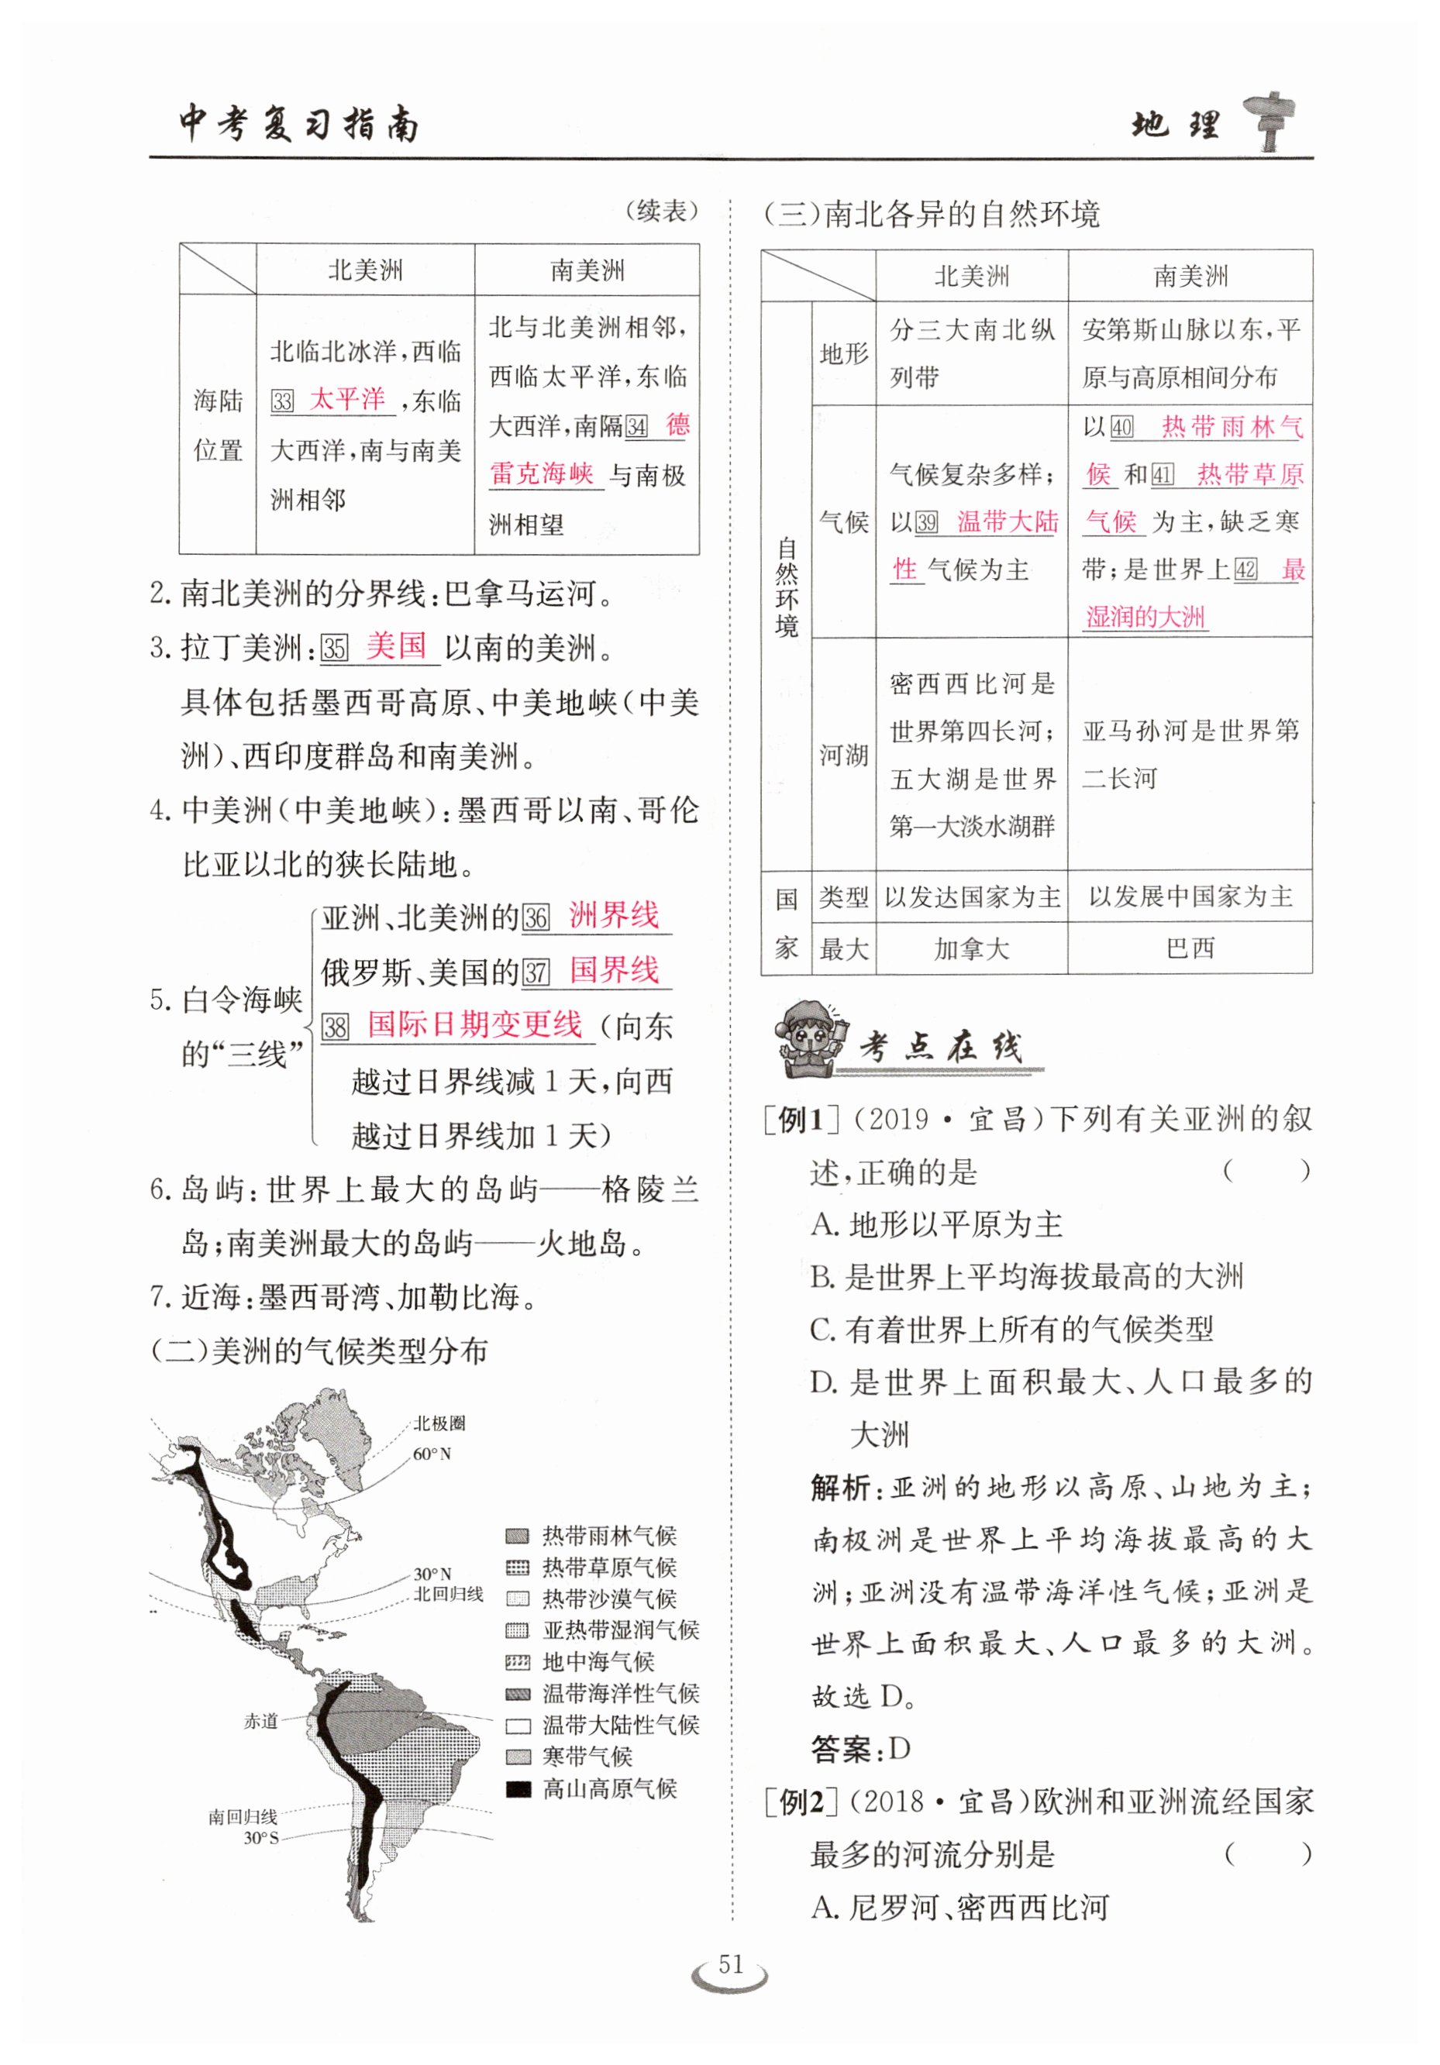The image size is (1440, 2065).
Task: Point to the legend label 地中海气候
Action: [598, 1661]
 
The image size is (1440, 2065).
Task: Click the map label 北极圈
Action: [439, 1423]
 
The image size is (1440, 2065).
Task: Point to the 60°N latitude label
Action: [432, 1454]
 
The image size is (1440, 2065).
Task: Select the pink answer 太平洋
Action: [346, 398]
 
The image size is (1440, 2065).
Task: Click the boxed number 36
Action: [536, 917]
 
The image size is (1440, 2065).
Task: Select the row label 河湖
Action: [842, 754]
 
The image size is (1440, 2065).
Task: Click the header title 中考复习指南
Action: [299, 123]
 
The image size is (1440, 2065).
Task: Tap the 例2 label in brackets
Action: [801, 1802]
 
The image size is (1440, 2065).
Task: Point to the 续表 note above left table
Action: [662, 212]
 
